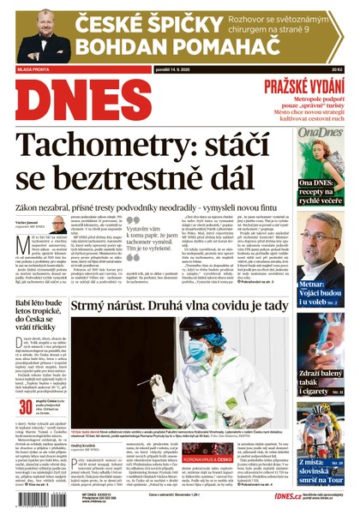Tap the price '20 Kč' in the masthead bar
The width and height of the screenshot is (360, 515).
click(x=336, y=69)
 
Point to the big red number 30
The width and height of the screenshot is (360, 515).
click(x=27, y=407)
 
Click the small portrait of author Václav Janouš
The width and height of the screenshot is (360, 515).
click(x=57, y=226)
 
